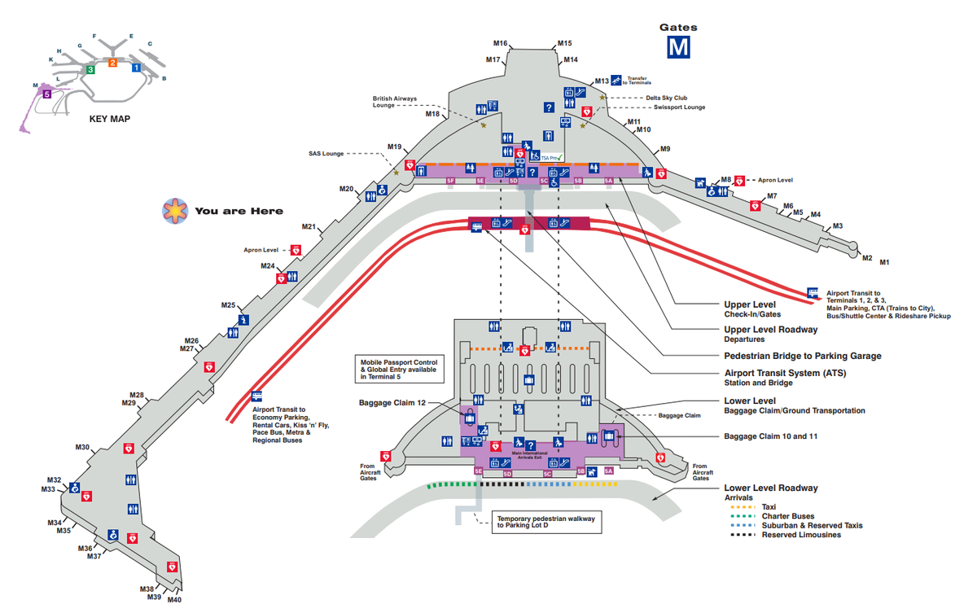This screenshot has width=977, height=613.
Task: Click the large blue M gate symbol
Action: [x=678, y=47]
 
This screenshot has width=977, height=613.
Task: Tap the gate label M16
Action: [x=501, y=43]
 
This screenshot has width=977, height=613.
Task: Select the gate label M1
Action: [x=884, y=262]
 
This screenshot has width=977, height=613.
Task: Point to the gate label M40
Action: [x=174, y=601]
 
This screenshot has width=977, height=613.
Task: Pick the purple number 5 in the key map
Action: [x=47, y=94]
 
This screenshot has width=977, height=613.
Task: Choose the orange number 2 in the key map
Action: [x=113, y=63]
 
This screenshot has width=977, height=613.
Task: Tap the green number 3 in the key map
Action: [x=90, y=70]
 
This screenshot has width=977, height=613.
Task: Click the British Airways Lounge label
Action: [x=395, y=102]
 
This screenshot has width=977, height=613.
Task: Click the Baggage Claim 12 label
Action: [x=392, y=402]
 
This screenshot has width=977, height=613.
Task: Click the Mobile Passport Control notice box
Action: [x=399, y=369]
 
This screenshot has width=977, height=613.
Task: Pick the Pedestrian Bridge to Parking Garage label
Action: [x=803, y=356]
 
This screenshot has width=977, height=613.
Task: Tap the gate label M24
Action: [x=268, y=266]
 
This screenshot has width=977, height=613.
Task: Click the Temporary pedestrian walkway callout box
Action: [x=546, y=522]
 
